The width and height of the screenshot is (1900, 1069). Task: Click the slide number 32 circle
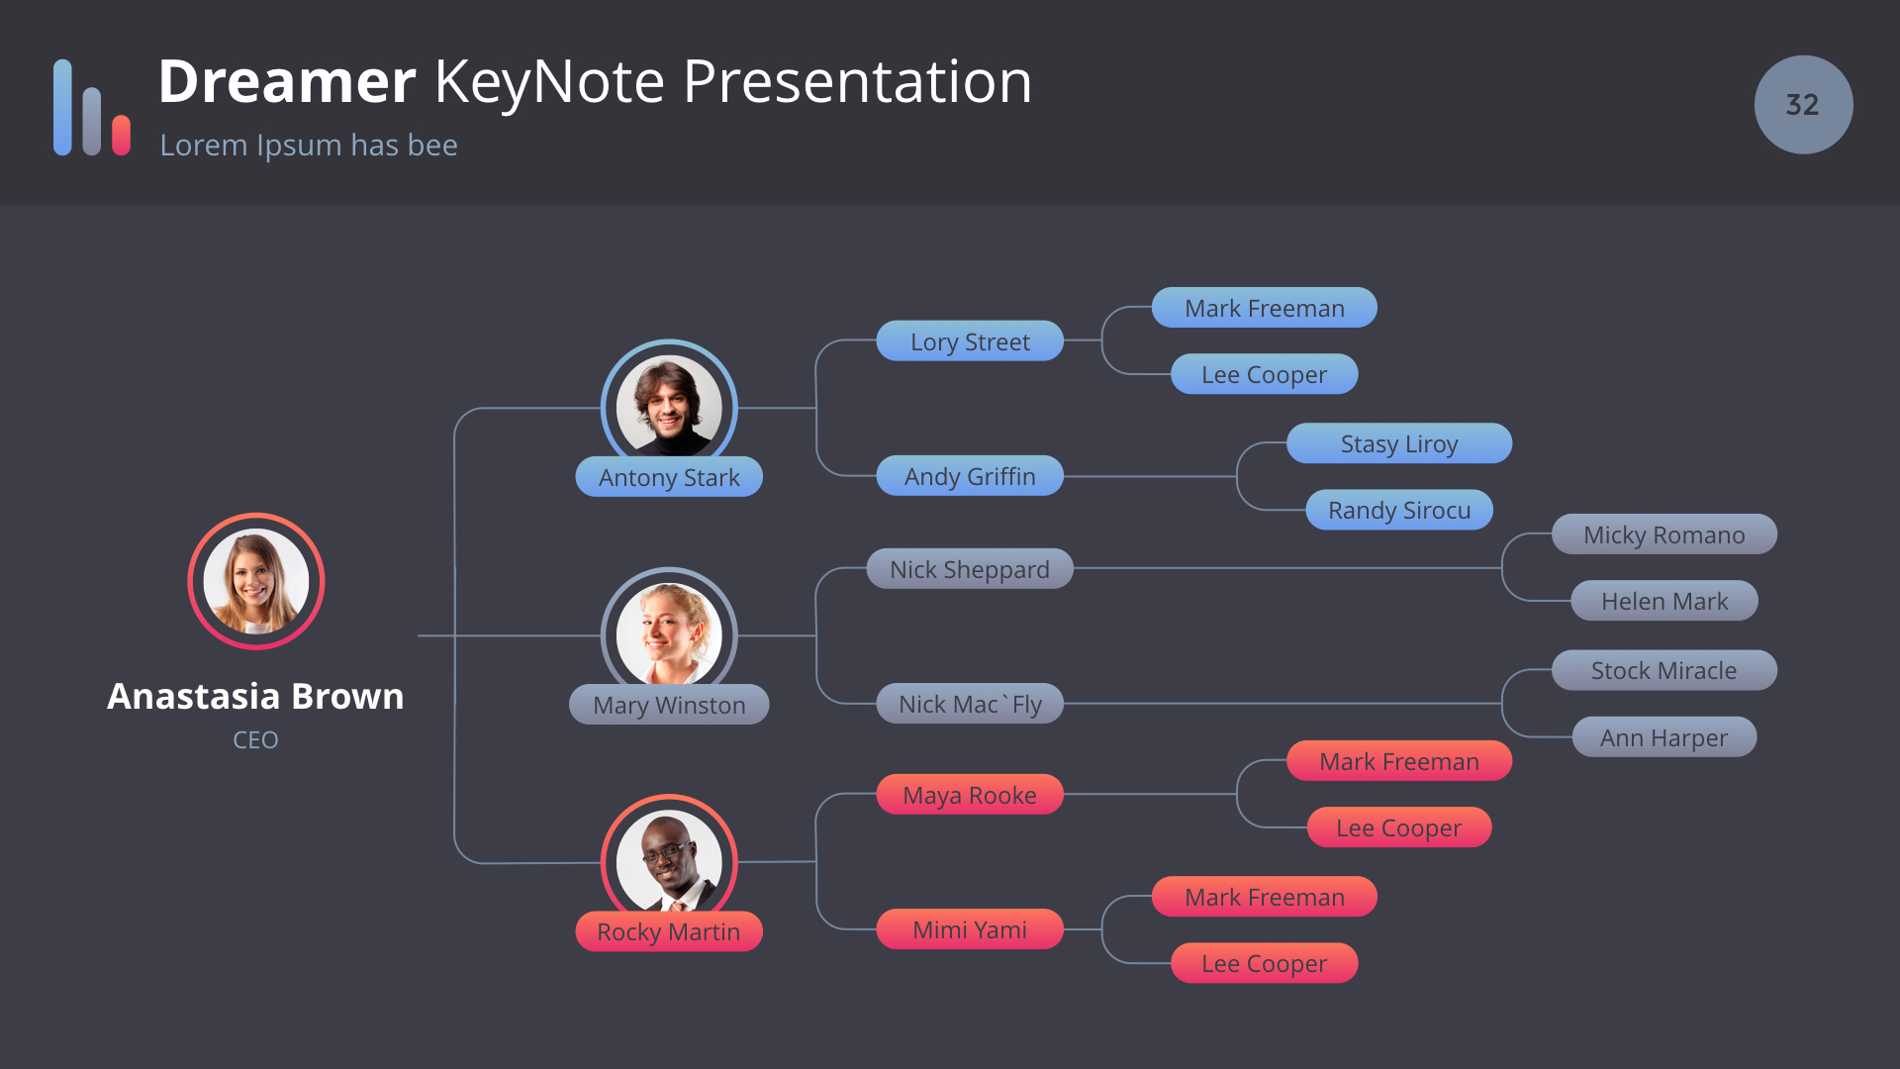(x=1803, y=105)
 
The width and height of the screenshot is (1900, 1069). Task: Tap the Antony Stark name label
(x=669, y=477)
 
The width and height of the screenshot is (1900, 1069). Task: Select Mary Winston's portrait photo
(x=669, y=634)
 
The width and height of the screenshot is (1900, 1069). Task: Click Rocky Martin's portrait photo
(x=669, y=861)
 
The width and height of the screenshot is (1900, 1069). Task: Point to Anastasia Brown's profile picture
(x=256, y=581)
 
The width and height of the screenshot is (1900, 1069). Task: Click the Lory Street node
(x=970, y=341)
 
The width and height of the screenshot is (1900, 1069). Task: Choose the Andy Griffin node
(x=970, y=476)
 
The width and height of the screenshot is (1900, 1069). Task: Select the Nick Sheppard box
(x=970, y=569)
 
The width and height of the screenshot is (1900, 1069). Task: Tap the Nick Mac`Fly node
(x=970, y=704)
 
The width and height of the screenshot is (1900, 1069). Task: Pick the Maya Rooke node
(x=970, y=795)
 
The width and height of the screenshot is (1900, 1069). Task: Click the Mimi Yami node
(x=970, y=929)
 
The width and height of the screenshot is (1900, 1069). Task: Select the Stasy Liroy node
(x=1399, y=443)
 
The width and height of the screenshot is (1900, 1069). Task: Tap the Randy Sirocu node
(x=1399, y=510)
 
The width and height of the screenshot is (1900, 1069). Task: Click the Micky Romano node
(x=1664, y=534)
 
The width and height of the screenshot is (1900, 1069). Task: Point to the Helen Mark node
(x=1664, y=601)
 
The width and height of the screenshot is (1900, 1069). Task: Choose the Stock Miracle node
(x=1664, y=670)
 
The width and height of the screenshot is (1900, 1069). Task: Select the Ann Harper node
(x=1664, y=737)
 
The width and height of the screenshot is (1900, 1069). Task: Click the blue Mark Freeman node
(x=1265, y=308)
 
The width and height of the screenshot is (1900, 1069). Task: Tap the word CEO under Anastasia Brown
(x=255, y=740)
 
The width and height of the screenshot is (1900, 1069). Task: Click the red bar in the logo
(x=122, y=136)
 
